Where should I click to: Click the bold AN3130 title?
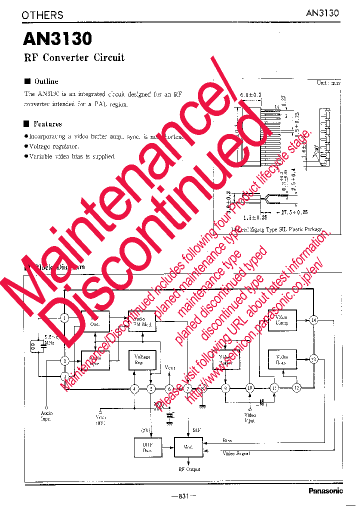click(x=57, y=39)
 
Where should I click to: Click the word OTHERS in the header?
click(x=42, y=15)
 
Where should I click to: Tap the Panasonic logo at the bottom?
click(x=325, y=491)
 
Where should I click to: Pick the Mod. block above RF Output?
click(x=188, y=446)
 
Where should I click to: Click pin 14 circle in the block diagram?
click(x=313, y=320)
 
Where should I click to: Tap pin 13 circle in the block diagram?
click(x=313, y=359)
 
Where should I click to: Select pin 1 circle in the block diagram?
click(x=64, y=318)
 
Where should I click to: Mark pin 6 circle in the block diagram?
click(x=169, y=388)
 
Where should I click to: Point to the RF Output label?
click(x=189, y=469)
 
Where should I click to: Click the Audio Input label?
click(x=47, y=415)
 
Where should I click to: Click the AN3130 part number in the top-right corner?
click(x=322, y=13)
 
